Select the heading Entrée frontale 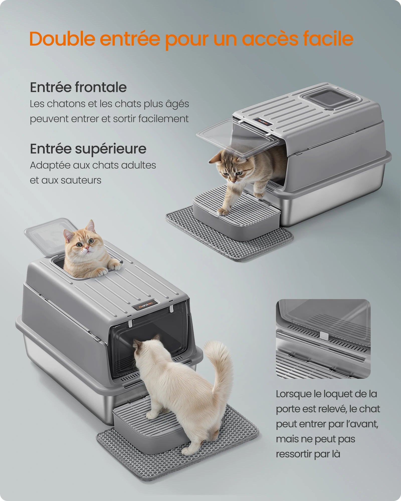pos(78,87)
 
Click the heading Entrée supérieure pos(88,149)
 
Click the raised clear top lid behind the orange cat pos(48,233)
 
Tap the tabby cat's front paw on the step pos(222,212)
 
